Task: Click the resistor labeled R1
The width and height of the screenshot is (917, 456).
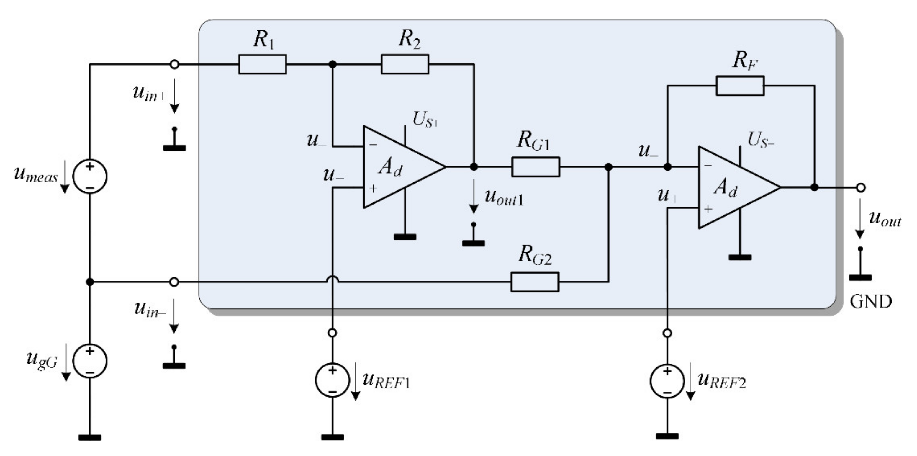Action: point(262,64)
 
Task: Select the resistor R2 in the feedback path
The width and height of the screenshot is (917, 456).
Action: point(405,64)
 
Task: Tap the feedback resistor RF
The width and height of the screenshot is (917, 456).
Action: point(740,86)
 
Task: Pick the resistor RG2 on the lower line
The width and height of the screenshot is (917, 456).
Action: point(535,282)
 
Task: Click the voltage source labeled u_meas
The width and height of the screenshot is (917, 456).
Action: point(90,176)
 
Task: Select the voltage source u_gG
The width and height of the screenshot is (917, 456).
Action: point(90,361)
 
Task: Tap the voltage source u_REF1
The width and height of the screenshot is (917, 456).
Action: point(332,380)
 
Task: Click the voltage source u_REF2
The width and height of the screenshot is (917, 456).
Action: point(667,381)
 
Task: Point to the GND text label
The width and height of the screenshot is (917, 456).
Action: point(871,302)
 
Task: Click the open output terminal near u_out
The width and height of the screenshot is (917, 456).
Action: point(861,188)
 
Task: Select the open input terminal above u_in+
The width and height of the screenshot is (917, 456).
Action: point(174,64)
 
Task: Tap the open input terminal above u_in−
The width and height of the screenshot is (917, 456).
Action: point(174,282)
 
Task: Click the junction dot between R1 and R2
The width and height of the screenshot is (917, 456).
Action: point(333,64)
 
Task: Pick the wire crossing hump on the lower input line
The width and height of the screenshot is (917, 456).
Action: point(333,280)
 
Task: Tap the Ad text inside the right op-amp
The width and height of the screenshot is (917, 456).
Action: point(725,188)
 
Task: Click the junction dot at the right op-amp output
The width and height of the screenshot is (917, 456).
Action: point(814,187)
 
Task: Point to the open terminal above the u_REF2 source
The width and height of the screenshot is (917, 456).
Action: point(667,333)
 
